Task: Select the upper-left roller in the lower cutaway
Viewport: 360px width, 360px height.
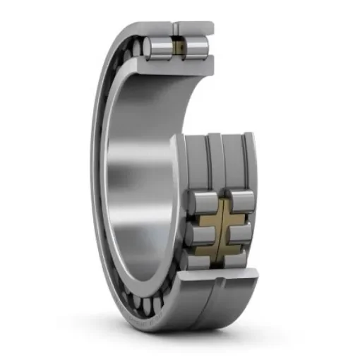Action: tap(203, 200)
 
